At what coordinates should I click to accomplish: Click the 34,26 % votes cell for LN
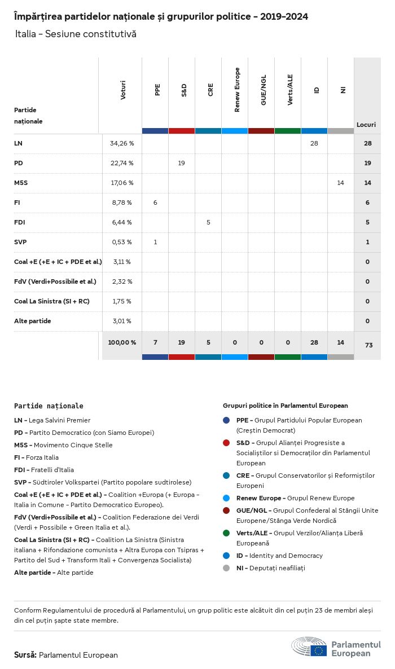coord(122,143)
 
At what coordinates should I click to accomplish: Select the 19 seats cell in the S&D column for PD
coord(182,163)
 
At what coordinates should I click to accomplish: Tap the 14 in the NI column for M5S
coord(340,183)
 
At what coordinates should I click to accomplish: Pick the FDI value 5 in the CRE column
coord(208,222)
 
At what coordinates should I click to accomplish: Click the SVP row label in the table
coord(20,242)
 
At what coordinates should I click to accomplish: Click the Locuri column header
coord(366,125)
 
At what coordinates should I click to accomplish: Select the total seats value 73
coord(368,345)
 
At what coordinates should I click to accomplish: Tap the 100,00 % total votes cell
coord(122,342)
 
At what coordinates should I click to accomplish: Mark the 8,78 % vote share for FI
coord(122,203)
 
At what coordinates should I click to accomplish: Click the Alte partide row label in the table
coord(33,321)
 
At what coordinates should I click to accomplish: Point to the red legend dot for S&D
coord(226,443)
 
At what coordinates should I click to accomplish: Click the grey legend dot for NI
coord(226,568)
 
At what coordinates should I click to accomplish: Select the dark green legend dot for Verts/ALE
coord(226,533)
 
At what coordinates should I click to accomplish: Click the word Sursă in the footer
coord(25,655)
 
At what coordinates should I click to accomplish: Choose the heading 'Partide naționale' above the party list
coord(49,406)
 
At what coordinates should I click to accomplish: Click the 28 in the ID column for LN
coord(314,143)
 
